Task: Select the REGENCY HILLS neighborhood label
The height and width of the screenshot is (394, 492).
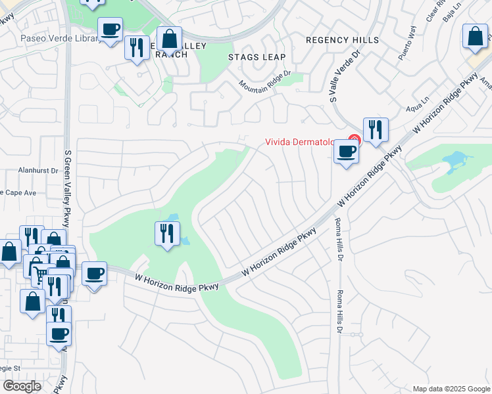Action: click(343, 40)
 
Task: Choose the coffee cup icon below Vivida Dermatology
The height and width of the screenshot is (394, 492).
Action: click(347, 152)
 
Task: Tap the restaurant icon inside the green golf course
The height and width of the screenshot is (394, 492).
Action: click(168, 233)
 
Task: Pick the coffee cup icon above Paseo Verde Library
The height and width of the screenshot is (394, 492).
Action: click(110, 29)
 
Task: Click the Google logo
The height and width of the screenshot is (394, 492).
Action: click(22, 386)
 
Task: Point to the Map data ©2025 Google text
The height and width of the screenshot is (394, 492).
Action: click(451, 389)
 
